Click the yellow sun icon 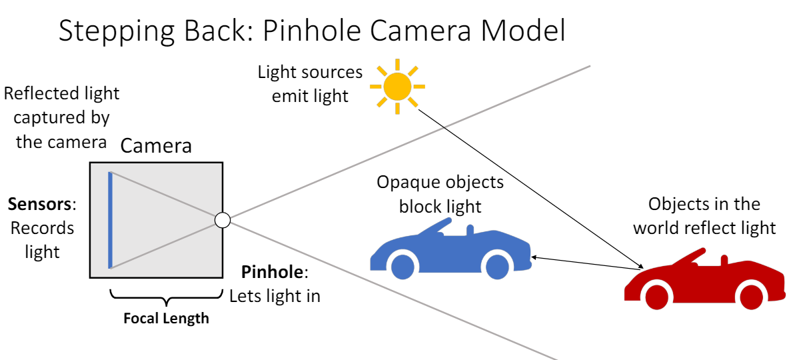coord(397,86)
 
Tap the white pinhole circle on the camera coord(222,219)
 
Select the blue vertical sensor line coord(110,220)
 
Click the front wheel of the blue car coord(402,266)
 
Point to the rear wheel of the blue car coord(497,266)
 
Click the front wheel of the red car coord(656,297)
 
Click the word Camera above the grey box coord(156,146)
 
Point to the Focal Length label coord(166,319)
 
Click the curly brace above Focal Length coord(166,297)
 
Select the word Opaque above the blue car coord(407,182)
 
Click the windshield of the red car coord(693,257)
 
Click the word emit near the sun coord(288,96)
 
